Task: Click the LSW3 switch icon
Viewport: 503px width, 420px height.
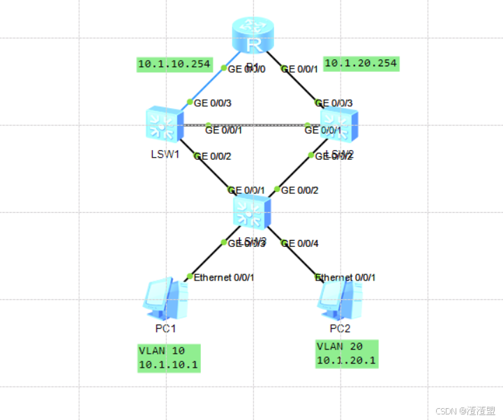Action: (x=251, y=211)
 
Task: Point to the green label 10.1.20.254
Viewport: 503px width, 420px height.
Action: (x=361, y=63)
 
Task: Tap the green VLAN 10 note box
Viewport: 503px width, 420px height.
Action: (x=170, y=358)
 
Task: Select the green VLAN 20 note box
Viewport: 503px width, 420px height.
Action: (x=347, y=354)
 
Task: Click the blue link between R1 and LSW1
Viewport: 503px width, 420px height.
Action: (x=209, y=84)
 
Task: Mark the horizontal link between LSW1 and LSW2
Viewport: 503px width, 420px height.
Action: (x=251, y=125)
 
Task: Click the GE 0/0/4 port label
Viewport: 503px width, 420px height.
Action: (x=299, y=243)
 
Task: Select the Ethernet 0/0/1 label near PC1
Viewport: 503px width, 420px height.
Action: (x=224, y=278)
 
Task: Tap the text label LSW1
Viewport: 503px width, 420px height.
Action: (x=165, y=154)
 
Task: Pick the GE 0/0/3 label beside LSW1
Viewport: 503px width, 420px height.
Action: (x=212, y=103)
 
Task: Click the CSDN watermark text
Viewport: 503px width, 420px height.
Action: (x=465, y=411)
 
